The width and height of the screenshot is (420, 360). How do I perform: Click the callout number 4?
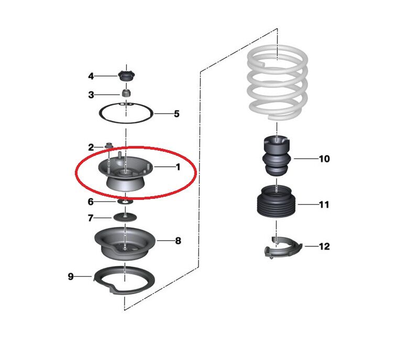point(91,76)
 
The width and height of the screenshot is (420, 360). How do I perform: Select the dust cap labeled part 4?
point(126,76)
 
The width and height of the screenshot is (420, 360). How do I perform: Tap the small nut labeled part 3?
point(126,93)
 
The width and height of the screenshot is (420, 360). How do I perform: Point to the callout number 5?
point(176,114)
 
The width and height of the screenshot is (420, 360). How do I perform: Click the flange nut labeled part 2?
point(108,146)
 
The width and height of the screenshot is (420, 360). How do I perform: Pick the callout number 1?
point(178,167)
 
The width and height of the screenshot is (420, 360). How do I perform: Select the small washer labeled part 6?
point(125,201)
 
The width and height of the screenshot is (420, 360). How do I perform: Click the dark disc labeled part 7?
point(125,217)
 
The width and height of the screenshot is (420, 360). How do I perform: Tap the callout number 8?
point(178,241)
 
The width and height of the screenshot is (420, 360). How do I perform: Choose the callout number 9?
point(71,276)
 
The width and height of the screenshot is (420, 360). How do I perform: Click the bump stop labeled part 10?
point(277,156)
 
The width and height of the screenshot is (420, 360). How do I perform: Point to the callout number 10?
point(324,159)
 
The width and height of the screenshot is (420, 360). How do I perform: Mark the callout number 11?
point(324,205)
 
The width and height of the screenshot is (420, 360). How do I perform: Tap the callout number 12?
point(324,246)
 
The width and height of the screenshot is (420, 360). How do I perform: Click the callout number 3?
point(91,95)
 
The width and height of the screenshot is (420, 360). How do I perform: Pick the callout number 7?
point(91,218)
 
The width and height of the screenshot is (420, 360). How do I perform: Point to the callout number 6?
point(91,201)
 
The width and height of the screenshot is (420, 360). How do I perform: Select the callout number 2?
point(91,147)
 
